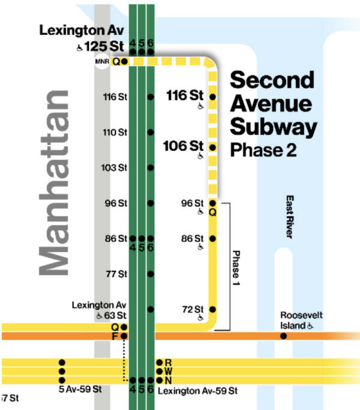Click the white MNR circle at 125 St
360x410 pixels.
[x=101, y=61]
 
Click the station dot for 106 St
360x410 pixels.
[x=212, y=147]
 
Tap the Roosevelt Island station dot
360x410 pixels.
[x=283, y=336]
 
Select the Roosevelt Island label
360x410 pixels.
[x=297, y=321]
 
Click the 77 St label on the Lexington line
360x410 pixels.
[x=116, y=274]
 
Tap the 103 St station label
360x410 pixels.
[x=114, y=167]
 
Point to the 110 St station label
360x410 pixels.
[x=114, y=132]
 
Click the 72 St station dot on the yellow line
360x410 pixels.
[x=212, y=309]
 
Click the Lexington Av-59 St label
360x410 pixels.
[x=197, y=391]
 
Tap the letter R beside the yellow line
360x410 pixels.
[x=169, y=363]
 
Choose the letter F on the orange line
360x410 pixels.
[x=115, y=336]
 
